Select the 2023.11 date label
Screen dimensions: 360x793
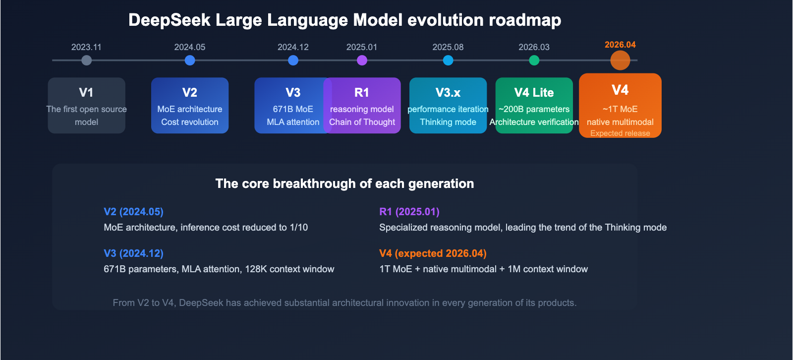tap(86, 47)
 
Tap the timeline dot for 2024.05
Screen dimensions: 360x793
tap(190, 60)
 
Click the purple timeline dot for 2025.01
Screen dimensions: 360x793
tap(362, 60)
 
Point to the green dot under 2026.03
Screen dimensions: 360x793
tap(534, 60)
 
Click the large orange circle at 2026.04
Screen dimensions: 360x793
tap(620, 60)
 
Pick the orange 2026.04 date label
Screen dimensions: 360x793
tap(620, 45)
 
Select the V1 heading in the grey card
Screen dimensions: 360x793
tap(86, 93)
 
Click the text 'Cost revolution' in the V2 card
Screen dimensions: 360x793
tap(190, 122)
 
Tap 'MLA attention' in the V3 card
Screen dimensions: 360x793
tap(293, 122)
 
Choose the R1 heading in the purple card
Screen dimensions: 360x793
tap(362, 93)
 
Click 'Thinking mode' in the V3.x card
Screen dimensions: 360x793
tap(448, 122)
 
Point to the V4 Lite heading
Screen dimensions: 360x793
tap(534, 93)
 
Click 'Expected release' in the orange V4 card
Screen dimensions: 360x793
tap(620, 133)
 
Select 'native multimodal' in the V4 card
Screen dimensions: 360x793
tap(620, 122)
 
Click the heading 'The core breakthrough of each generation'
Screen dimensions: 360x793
tap(344, 184)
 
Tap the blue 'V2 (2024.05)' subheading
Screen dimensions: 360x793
tap(133, 212)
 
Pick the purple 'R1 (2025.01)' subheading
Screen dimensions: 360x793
tap(409, 212)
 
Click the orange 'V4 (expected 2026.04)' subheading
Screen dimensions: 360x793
tap(433, 253)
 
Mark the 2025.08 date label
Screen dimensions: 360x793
tap(448, 47)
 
